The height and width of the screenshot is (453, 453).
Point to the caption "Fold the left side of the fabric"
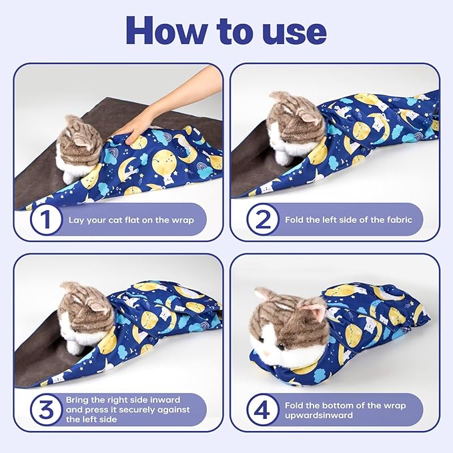click(349, 219)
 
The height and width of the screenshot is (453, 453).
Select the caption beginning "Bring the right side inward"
click(127, 409)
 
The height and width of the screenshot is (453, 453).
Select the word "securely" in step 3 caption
click(144, 409)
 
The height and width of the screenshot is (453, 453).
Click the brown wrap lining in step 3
click(40, 354)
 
